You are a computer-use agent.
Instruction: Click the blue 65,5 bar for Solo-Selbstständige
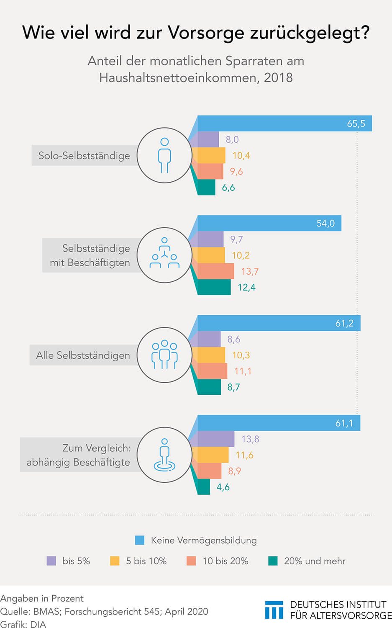click(284, 124)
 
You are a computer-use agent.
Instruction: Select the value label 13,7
click(250, 271)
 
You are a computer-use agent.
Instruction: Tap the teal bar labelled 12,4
click(214, 287)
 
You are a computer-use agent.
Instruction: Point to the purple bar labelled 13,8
click(216, 439)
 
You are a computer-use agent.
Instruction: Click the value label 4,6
click(223, 487)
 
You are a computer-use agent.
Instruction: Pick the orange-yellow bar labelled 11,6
click(213, 455)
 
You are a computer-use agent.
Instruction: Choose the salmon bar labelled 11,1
click(212, 371)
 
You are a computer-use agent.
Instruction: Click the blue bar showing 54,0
click(269, 223)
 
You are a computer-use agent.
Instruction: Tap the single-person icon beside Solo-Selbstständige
click(164, 155)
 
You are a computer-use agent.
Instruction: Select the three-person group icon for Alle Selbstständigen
click(164, 355)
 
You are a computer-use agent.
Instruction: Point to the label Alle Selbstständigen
click(83, 355)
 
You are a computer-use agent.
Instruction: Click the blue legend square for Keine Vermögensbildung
click(140, 540)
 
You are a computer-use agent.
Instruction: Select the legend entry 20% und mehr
click(315, 561)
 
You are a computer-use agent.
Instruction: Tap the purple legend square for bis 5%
click(51, 561)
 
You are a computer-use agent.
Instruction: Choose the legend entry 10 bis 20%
click(225, 561)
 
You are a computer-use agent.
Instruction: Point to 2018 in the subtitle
click(278, 78)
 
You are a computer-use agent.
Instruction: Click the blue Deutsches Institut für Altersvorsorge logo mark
click(274, 610)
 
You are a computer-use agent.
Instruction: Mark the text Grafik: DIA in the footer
click(23, 624)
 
